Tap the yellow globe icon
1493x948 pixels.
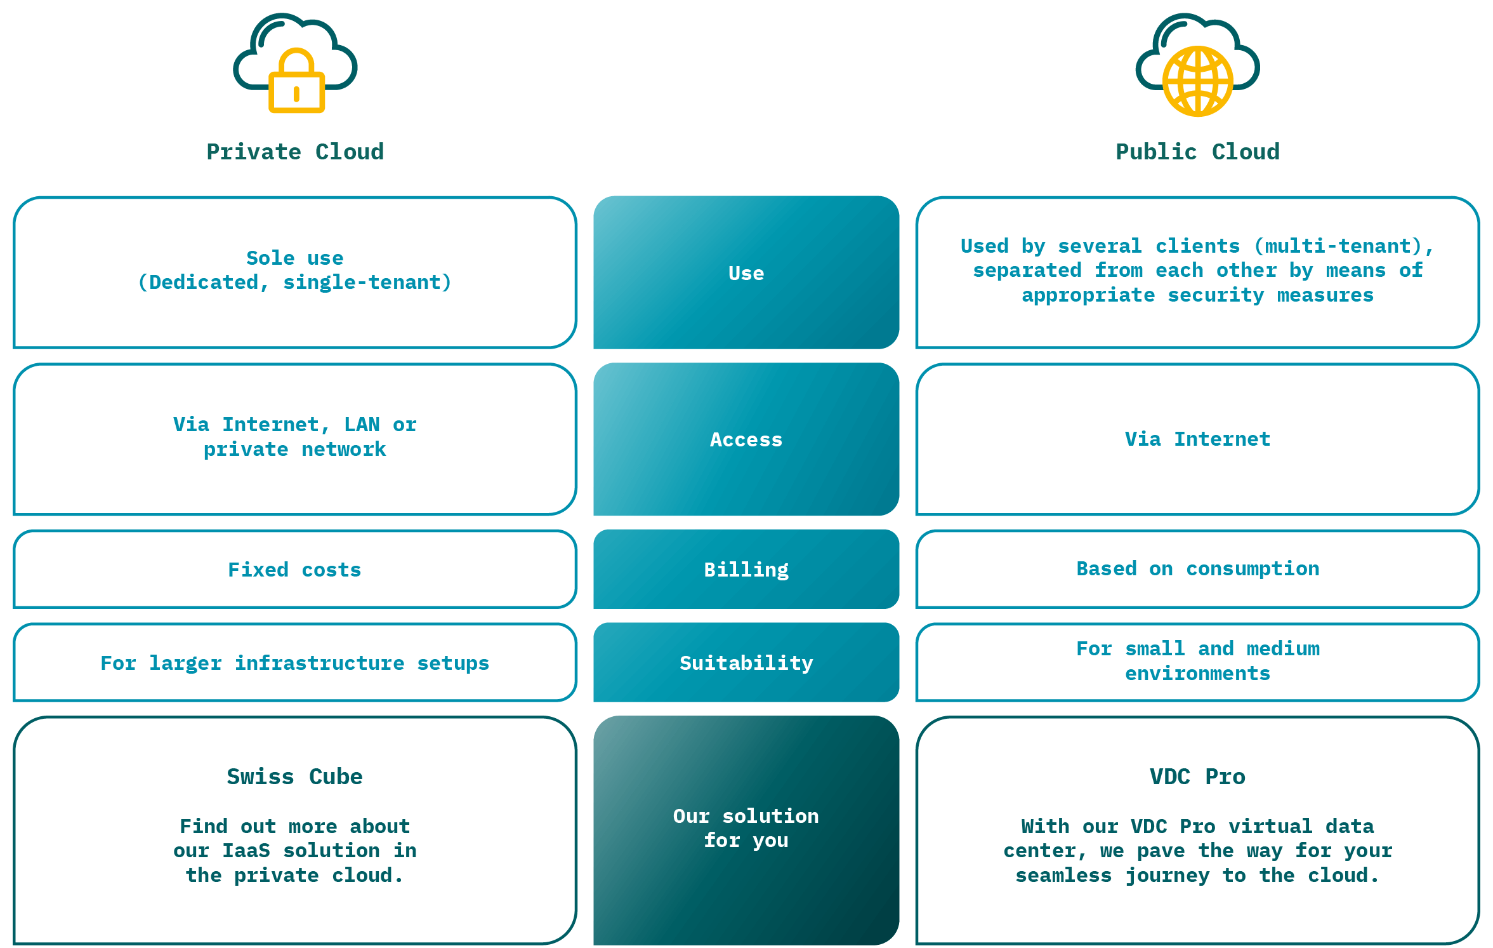pyautogui.click(x=1197, y=81)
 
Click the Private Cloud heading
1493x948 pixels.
pyautogui.click(x=295, y=152)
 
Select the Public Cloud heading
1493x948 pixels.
pyautogui.click(x=1197, y=152)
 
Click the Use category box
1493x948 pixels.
pyautogui.click(x=746, y=273)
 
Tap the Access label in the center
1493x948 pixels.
pyautogui.click(x=746, y=439)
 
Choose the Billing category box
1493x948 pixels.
pyautogui.click(x=746, y=570)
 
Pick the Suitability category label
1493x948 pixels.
pyautogui.click(x=746, y=663)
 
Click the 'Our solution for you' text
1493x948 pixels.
pyautogui.click(x=746, y=828)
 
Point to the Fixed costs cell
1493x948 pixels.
pyautogui.click(x=294, y=570)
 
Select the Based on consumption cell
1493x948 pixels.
pyautogui.click(x=1197, y=568)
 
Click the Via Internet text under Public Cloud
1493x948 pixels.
pyautogui.click(x=1197, y=439)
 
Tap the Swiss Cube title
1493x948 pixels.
pyautogui.click(x=294, y=777)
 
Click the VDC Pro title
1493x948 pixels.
pyautogui.click(x=1197, y=777)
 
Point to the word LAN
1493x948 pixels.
pyautogui.click(x=362, y=424)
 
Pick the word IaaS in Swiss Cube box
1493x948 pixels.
pyautogui.click(x=246, y=850)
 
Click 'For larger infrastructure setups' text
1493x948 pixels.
pyautogui.click(x=294, y=663)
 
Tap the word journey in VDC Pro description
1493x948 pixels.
pyautogui.click(x=1167, y=875)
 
